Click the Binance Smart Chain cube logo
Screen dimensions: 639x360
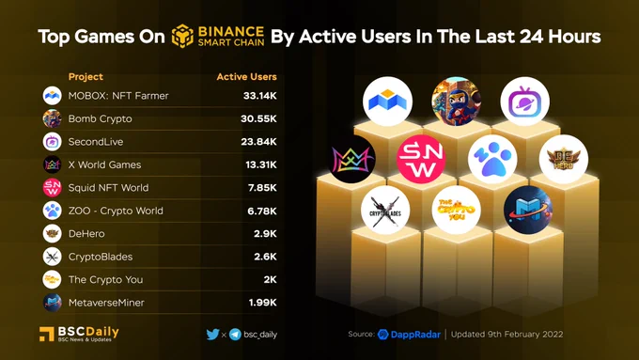[182, 36]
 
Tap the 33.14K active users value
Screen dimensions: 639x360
[259, 96]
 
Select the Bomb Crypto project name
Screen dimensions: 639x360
[100, 118]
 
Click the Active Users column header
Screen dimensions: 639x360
[246, 77]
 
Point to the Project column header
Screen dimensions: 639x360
[86, 77]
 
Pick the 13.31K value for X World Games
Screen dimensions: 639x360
[261, 164]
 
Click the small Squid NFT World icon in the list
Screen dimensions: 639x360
[53, 188]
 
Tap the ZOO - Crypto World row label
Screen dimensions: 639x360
[116, 211]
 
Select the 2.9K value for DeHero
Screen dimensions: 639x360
[265, 234]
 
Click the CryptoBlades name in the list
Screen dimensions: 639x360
[101, 257]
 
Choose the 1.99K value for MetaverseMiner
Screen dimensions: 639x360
[262, 303]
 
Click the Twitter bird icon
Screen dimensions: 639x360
[212, 335]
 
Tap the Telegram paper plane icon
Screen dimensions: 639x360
[235, 335]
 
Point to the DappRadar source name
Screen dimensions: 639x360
[415, 335]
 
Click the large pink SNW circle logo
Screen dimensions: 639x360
[421, 159]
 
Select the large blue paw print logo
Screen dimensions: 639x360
[492, 159]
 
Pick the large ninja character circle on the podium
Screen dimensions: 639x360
[457, 102]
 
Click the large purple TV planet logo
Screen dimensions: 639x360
[525, 102]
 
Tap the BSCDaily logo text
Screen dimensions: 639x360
[88, 333]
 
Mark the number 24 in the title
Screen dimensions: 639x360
[532, 37]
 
